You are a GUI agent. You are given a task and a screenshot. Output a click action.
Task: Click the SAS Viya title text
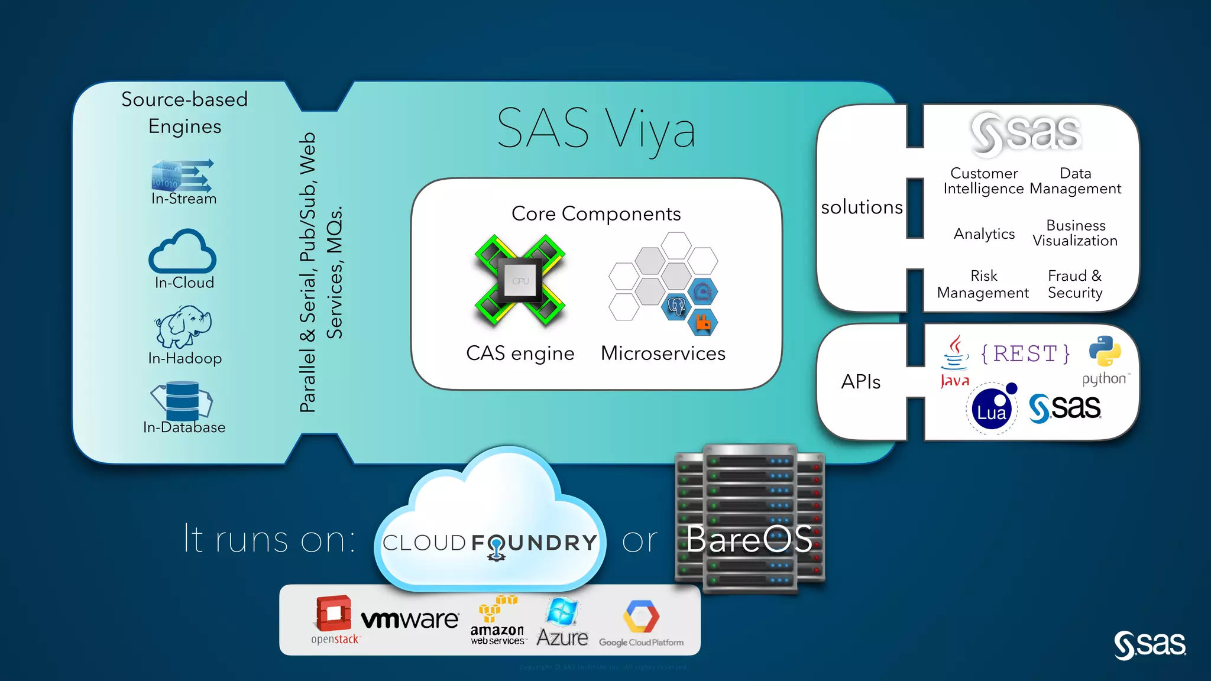596,129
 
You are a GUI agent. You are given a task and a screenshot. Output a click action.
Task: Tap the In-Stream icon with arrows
182,176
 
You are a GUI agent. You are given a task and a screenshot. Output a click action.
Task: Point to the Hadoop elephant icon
184,326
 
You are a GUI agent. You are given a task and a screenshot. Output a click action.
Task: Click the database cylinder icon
182,400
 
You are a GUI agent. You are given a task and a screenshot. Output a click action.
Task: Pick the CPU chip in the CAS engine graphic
520,280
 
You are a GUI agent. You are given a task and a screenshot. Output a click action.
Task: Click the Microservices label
663,354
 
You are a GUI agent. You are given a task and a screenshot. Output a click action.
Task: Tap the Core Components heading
596,213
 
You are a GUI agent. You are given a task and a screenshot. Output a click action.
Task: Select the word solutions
862,207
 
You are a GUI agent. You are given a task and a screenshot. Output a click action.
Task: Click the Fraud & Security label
1075,284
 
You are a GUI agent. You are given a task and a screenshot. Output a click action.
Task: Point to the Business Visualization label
1075,234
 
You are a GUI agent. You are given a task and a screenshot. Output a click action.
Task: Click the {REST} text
1025,354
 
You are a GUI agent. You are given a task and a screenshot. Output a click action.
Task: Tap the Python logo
1105,352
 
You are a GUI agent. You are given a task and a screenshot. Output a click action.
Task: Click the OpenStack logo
334,619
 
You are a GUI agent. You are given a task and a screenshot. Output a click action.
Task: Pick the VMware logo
410,620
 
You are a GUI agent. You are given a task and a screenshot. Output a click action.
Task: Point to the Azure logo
562,621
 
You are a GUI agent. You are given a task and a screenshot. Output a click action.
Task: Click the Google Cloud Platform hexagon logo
641,617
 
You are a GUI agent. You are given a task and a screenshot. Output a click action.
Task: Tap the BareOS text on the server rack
749,539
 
